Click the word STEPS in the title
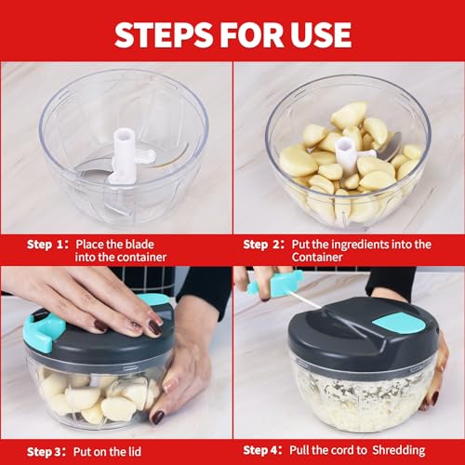(x=164, y=34)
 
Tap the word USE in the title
(x=320, y=34)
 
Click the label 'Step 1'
(x=45, y=245)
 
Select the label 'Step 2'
(x=261, y=245)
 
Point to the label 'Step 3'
(x=44, y=451)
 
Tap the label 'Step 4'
(x=260, y=450)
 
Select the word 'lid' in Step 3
(x=134, y=451)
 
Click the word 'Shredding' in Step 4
(x=398, y=450)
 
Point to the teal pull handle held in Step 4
(x=276, y=282)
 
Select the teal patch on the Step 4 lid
(x=398, y=323)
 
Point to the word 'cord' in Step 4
(x=353, y=450)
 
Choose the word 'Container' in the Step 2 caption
(x=317, y=258)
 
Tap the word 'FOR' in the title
(x=251, y=34)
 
